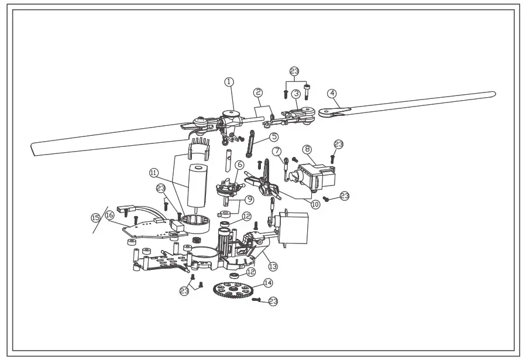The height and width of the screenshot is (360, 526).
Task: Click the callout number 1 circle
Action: click(x=229, y=82)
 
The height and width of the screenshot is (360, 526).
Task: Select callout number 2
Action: click(x=257, y=92)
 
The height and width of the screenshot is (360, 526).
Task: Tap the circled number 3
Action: click(x=297, y=93)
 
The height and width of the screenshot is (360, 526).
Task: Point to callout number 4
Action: click(x=332, y=93)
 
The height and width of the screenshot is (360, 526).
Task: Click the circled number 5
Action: click(x=274, y=137)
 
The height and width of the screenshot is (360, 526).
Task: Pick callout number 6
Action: click(x=239, y=166)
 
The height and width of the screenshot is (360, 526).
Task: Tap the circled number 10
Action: click(x=316, y=204)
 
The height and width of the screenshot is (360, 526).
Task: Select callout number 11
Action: click(x=153, y=173)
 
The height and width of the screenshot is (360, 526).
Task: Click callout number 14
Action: click(x=268, y=283)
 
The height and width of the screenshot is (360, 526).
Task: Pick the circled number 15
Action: click(x=95, y=217)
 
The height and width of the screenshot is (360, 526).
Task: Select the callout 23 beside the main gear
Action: click(x=273, y=301)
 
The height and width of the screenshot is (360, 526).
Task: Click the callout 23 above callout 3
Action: click(x=294, y=71)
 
